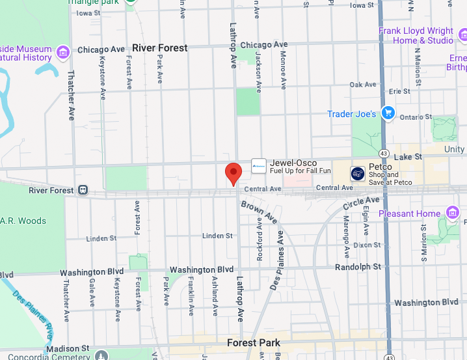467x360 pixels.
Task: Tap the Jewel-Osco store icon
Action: [259, 166]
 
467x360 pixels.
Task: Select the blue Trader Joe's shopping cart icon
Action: [388, 113]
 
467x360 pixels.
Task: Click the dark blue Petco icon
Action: [358, 173]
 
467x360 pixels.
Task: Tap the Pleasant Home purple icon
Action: [453, 213]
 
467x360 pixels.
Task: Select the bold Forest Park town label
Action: [254, 342]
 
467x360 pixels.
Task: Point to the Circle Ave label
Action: [362, 203]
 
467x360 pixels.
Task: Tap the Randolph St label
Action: [358, 267]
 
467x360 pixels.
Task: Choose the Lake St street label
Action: [408, 157]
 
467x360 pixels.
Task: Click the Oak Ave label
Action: [363, 85]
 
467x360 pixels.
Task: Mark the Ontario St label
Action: [416, 117]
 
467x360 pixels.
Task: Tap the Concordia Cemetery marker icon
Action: [101, 355]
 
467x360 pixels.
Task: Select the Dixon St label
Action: [367, 245]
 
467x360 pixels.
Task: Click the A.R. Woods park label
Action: [23, 221]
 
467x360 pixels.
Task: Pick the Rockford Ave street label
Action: [260, 239]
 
